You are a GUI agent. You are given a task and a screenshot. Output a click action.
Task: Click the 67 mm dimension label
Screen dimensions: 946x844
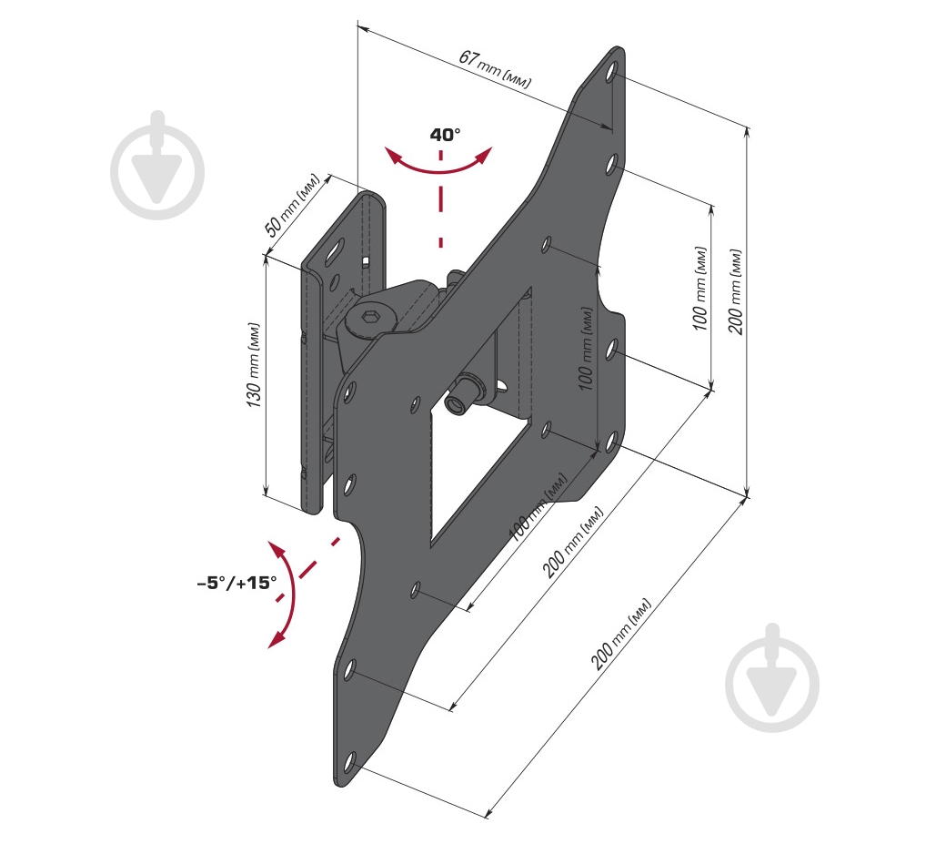(495, 69)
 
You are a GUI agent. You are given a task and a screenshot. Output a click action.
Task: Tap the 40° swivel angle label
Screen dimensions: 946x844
(445, 134)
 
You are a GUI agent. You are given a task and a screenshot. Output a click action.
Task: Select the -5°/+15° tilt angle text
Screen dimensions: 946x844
(237, 583)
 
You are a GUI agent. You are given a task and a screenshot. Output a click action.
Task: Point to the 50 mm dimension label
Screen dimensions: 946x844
(291, 205)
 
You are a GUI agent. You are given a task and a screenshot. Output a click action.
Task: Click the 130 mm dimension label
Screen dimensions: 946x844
(254, 365)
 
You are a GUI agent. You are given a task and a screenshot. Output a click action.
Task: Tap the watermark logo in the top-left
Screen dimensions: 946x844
(157, 166)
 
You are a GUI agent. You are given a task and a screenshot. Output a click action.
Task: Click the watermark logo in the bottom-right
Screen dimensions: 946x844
(772, 678)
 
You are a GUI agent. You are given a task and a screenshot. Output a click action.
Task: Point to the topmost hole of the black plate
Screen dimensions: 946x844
(611, 72)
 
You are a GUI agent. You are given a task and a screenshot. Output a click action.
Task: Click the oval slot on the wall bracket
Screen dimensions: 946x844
(336, 252)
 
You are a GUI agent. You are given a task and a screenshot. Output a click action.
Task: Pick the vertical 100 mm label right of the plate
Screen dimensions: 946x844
(699, 288)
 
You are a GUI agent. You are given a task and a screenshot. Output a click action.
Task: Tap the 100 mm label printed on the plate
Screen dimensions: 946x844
(585, 349)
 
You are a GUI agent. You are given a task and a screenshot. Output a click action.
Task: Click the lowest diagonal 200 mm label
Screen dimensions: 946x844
(620, 634)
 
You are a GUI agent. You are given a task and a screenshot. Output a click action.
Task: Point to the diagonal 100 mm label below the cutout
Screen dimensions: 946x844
(538, 507)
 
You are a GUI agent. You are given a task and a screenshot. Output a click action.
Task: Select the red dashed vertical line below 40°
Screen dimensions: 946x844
(441, 199)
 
